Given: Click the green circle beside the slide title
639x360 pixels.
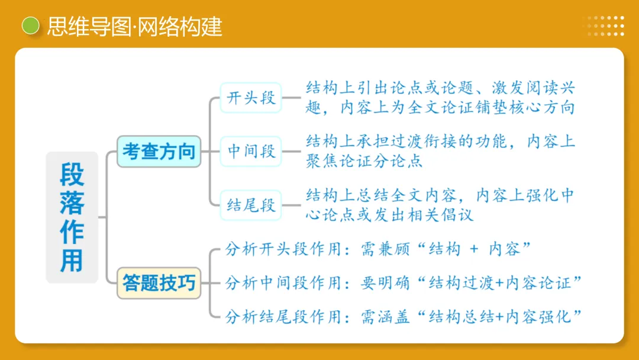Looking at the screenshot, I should [x=30, y=26].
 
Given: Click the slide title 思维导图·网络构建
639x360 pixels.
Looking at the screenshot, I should [x=134, y=27].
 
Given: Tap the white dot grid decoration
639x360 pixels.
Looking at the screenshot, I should [x=603, y=26].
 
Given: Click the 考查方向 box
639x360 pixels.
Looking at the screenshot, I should [x=159, y=151].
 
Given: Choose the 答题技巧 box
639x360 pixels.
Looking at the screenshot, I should [x=159, y=283].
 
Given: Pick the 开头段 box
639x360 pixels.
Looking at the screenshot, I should [x=251, y=98].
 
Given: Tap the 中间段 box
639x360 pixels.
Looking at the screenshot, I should [x=251, y=151].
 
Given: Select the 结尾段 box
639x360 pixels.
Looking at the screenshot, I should [x=251, y=205].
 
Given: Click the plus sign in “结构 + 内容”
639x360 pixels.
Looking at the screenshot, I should [x=473, y=249].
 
